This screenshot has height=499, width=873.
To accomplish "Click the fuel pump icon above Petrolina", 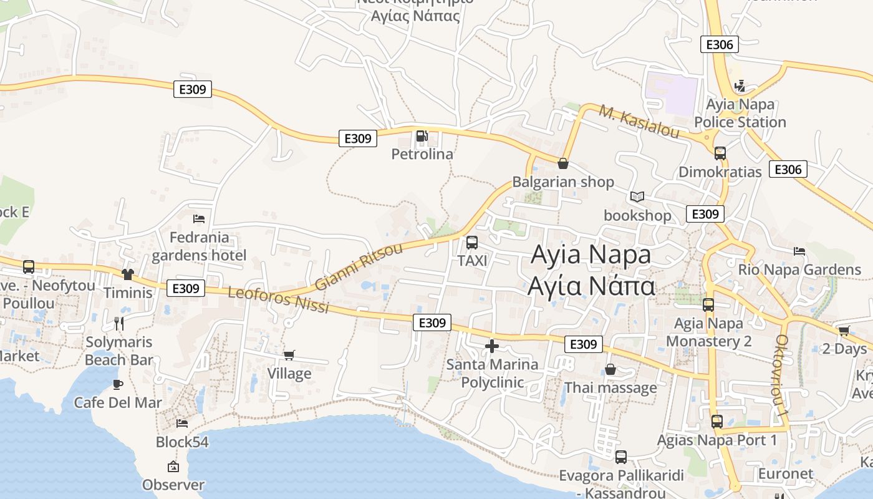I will tap(422, 135).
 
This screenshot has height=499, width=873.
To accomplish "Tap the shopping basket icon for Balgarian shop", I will tap(563, 163).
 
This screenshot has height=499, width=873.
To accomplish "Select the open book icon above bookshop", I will tap(637, 197).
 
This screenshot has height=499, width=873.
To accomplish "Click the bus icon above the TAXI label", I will tap(472, 243).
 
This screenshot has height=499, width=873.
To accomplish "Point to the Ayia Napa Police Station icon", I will tap(740, 85).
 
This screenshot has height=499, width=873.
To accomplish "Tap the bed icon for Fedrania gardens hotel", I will tap(199, 219).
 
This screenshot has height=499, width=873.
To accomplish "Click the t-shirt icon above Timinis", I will tap(128, 274).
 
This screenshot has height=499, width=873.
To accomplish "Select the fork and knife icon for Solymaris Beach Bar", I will tap(119, 323).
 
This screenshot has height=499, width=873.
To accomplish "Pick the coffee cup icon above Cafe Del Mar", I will tap(117, 384).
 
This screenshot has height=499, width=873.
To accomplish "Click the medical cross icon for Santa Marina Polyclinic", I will tap(492, 346).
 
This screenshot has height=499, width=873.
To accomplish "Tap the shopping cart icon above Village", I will tap(289, 355).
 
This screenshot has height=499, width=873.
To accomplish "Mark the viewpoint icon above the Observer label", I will tap(173, 467).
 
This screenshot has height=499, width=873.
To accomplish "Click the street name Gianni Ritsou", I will tap(359, 267).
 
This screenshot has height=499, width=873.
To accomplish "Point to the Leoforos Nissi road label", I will tap(278, 300).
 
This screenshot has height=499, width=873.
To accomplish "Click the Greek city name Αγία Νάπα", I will tap(591, 286).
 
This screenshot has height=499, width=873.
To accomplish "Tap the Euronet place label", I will tap(786, 473).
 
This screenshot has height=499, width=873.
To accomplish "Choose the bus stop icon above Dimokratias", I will tap(720, 153).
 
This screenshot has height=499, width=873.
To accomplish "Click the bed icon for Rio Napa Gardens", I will tap(799, 251).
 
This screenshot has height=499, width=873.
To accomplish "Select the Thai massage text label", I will tap(610, 388).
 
